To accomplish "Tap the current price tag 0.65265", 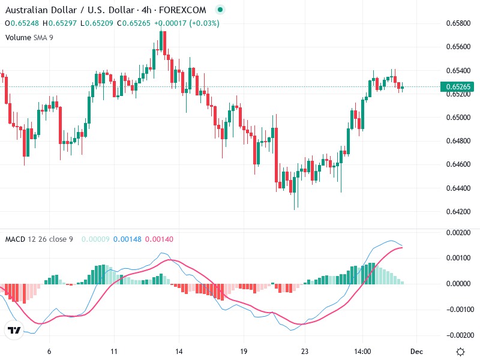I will coord(458,87).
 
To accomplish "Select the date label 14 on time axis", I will coord(178,352).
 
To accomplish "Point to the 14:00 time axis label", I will coord(363,352).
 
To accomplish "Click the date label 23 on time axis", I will coord(305,352).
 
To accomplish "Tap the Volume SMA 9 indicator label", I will coord(29,37).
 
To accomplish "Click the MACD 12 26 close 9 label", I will coord(39,239).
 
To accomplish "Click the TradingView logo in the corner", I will coord(14,331).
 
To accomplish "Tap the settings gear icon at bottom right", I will coord(460,352).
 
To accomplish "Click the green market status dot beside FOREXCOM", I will coord(220,10).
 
